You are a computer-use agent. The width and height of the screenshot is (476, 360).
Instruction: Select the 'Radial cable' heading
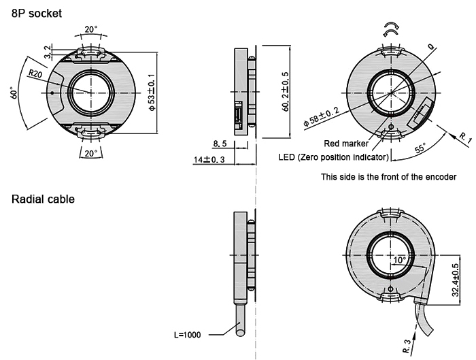43,200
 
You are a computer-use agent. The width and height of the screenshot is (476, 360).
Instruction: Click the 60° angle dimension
14,93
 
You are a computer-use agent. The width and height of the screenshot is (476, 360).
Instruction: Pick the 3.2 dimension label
47,51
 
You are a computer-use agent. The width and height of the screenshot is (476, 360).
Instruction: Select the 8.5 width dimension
220,144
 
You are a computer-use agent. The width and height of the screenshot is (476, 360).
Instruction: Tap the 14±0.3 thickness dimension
209,159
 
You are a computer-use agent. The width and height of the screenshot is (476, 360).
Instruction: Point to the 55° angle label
420,147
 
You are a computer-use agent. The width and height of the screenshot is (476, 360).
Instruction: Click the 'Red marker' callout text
346,144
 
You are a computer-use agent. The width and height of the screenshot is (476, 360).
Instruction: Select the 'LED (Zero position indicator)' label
334,157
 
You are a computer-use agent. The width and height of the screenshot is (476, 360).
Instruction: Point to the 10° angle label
399,260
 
